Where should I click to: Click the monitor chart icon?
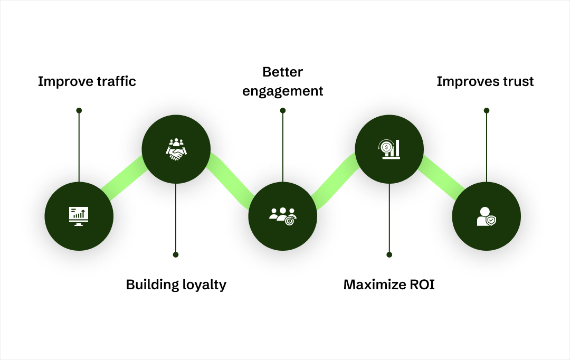coord(79,216)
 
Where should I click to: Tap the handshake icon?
coord(176,149)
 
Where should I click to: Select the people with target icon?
coord(283,216)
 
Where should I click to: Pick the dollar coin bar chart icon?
coord(389,149)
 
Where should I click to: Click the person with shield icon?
coord(486,216)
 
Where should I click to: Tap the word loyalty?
coord(203,285)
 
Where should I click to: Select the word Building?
coord(150,285)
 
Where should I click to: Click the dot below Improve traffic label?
coord(79,110)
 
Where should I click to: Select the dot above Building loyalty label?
coord(176,254)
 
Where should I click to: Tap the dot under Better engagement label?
coord(283,110)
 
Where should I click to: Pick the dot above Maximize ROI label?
coord(389,254)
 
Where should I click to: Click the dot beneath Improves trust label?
coord(487,110)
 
